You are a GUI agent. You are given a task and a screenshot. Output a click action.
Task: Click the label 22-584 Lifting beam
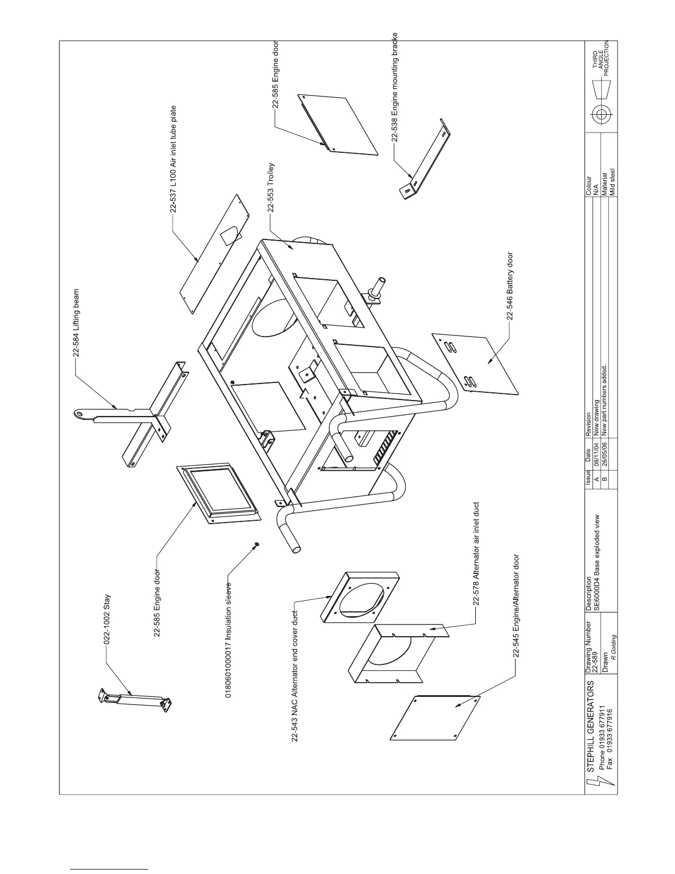[77, 323]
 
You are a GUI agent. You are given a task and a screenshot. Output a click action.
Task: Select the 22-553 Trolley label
[271, 188]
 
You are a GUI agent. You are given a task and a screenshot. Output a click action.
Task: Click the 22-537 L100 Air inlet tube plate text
[173, 159]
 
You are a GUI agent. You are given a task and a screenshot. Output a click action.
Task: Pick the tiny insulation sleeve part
[255, 546]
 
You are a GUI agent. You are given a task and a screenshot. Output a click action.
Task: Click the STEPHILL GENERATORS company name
[591, 726]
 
